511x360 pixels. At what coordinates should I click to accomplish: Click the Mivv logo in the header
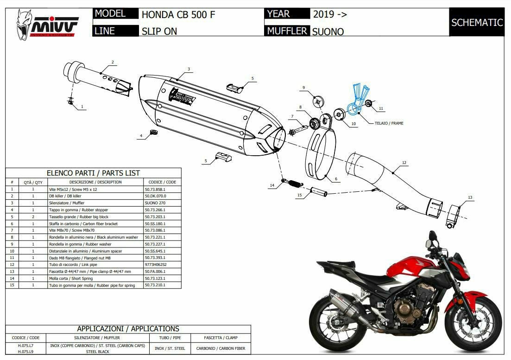point(48,23)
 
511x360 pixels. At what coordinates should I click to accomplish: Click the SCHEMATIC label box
point(477,22)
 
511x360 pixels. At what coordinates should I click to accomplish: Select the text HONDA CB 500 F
point(178,14)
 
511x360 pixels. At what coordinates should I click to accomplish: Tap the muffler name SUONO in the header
point(328,32)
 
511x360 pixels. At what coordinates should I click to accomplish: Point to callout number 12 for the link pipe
point(404,163)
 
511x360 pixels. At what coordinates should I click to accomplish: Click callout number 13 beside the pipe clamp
point(470,198)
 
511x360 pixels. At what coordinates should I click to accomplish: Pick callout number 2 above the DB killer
point(112,62)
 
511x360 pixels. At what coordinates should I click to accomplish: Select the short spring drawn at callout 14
point(290,182)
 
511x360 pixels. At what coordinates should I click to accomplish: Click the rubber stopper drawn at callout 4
point(152,134)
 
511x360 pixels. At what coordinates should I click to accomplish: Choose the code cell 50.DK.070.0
point(155,196)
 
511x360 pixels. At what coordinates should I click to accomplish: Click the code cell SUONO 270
point(155,203)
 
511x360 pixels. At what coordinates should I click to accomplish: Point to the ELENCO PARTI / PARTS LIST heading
point(93,173)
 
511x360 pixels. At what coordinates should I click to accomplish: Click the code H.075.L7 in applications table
point(25,346)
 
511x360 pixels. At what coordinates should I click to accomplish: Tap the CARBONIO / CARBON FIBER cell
point(221,348)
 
